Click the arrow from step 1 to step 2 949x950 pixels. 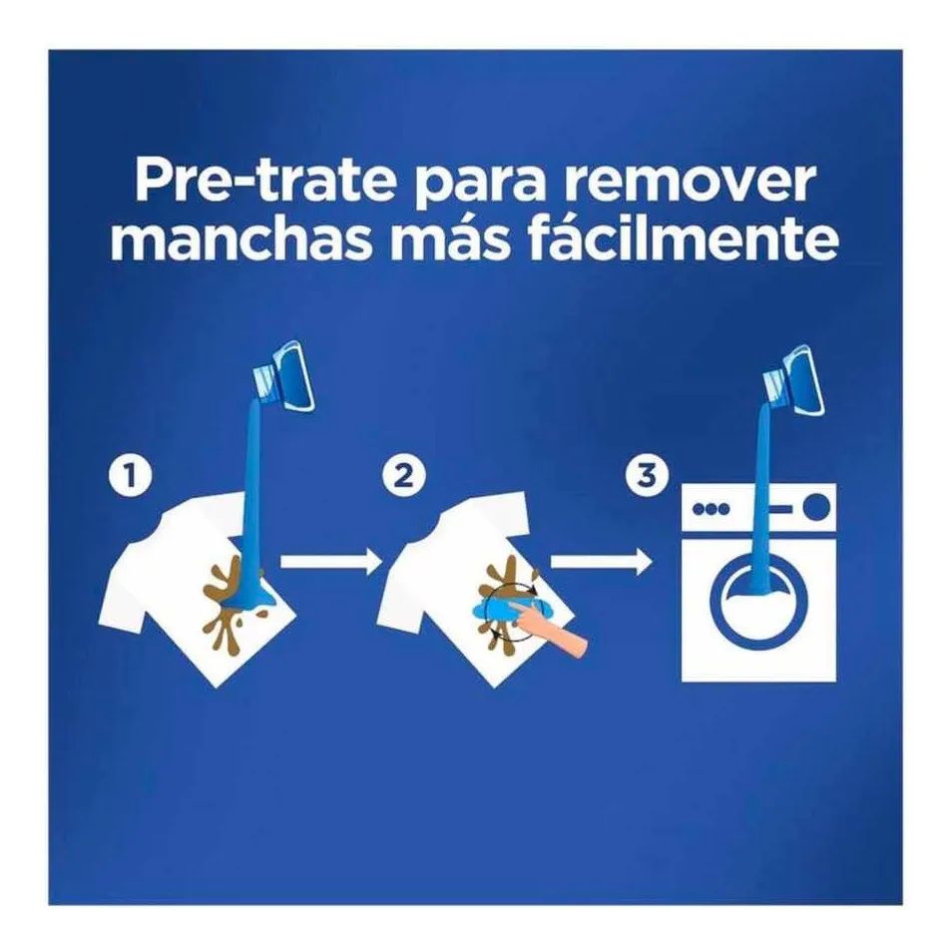pos(330,561)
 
